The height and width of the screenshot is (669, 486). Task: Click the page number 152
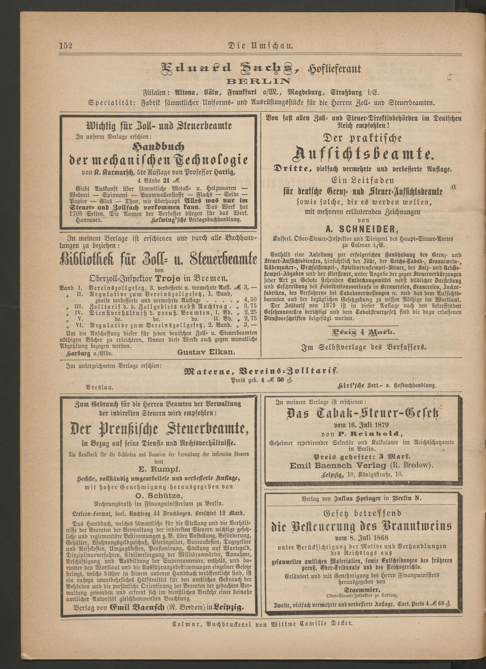(x=66, y=46)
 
